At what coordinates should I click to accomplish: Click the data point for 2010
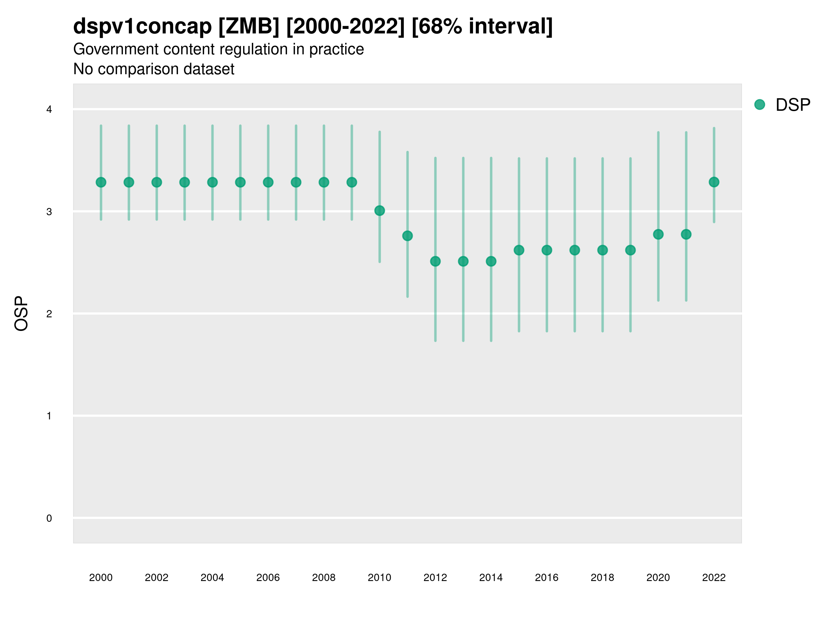pos(379,210)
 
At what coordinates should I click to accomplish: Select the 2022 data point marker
pos(714,182)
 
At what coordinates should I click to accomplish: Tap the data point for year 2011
pos(408,236)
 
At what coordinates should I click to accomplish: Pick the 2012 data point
pos(435,261)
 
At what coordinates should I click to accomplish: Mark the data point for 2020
pos(658,234)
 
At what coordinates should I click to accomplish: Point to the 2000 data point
pos(101,182)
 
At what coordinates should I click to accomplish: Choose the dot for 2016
pos(547,250)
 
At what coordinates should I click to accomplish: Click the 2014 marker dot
pos(491,261)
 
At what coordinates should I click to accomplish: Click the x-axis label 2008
pos(324,578)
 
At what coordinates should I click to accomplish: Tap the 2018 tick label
pos(602,578)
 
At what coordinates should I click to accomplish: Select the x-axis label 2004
pos(212,578)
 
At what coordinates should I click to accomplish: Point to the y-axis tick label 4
pos(49,110)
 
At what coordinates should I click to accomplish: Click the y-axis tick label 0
pos(49,518)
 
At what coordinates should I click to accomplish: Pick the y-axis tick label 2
pos(49,314)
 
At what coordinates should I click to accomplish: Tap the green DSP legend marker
pos(759,105)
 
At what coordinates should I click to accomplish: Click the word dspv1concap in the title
pos(142,26)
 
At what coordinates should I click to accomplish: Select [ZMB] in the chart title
pos(249,26)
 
